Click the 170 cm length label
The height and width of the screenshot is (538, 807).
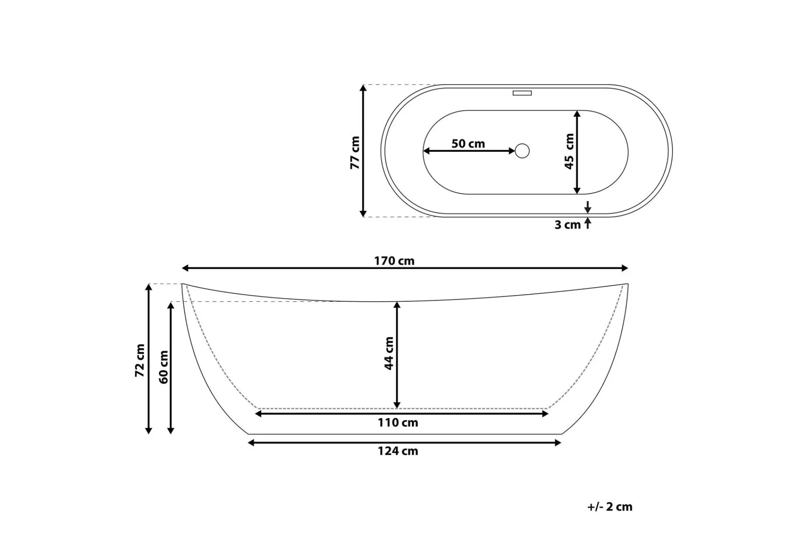point(394,261)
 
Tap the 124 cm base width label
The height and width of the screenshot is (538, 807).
point(398,451)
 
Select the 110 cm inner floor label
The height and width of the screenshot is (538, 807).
point(398,423)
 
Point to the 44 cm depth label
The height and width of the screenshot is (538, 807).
point(389,353)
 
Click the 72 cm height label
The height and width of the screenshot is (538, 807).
point(140,360)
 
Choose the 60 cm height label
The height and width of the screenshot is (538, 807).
point(164,367)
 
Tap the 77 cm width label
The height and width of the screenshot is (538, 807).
point(355,153)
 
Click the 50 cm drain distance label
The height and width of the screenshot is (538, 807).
point(468,144)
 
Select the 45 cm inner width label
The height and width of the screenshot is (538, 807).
point(569,151)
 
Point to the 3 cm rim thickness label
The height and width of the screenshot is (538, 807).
point(567,225)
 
